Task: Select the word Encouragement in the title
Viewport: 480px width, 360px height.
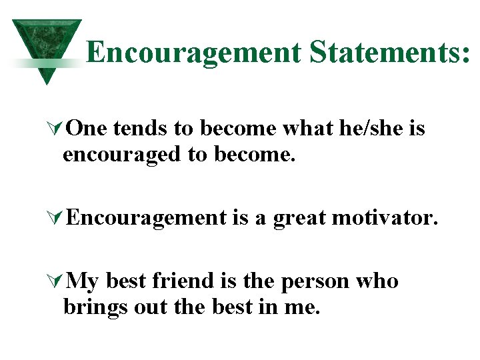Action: (193, 52)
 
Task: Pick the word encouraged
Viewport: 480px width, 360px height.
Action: (123, 155)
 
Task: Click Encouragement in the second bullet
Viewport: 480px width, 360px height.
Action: (147, 217)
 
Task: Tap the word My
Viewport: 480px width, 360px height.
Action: (83, 282)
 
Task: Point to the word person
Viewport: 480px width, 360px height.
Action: (313, 283)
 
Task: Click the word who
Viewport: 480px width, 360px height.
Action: (377, 281)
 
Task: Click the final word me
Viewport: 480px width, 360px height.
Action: (304, 309)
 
